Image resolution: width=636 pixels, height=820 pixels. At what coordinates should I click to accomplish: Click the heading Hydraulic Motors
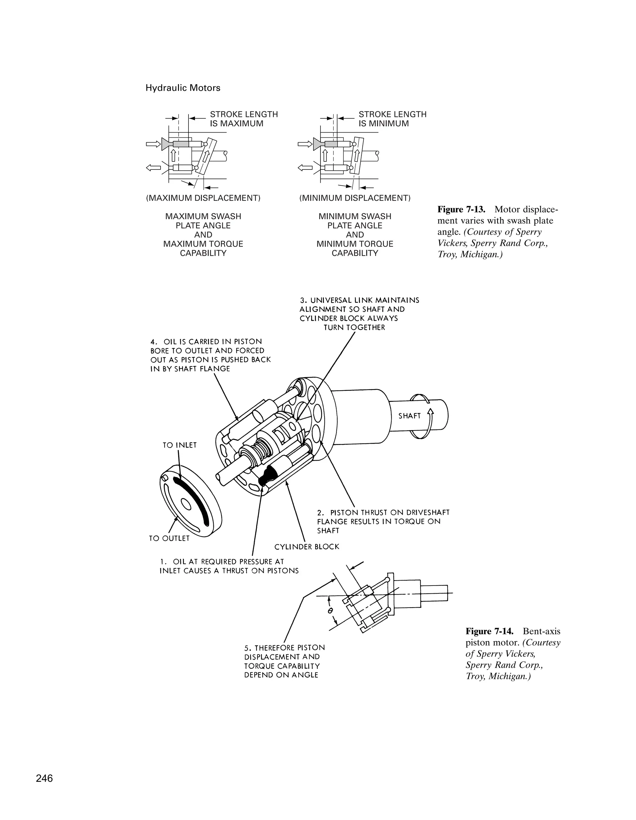[183, 88]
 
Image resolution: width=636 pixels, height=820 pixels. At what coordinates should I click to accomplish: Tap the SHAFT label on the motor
[409, 416]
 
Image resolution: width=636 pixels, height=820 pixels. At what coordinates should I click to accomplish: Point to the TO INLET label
[179, 445]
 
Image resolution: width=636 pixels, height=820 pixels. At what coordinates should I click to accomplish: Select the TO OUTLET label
[169, 538]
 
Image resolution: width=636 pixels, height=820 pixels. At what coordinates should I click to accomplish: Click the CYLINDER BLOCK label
[307, 547]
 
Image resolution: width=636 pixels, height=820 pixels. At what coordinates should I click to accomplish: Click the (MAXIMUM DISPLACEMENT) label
[203, 198]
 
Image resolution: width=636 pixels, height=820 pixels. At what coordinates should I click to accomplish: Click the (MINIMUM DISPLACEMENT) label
[354, 198]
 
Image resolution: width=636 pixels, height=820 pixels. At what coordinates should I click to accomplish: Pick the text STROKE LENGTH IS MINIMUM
[392, 119]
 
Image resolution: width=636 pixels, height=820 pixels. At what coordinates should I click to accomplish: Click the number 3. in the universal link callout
[304, 300]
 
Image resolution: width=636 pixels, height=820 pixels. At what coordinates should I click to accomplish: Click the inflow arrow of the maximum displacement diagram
[152, 144]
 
